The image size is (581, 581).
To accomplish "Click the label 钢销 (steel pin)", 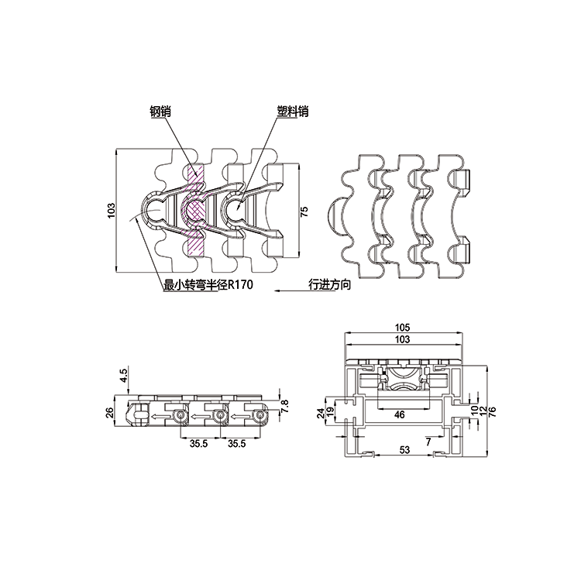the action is [x=160, y=111].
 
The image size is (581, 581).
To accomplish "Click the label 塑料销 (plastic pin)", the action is [x=293, y=111].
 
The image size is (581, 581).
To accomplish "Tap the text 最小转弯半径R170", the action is [x=208, y=284].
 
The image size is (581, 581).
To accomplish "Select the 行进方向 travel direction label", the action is [x=330, y=284].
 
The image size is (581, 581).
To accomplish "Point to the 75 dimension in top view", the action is [x=304, y=211].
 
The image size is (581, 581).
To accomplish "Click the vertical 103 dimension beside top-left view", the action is [x=112, y=211].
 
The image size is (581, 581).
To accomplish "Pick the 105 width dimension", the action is [x=402, y=327].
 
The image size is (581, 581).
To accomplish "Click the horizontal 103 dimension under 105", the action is [x=402, y=339].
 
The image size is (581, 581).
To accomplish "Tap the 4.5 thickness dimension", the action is [x=124, y=375].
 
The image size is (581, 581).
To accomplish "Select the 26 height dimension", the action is [x=110, y=412].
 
